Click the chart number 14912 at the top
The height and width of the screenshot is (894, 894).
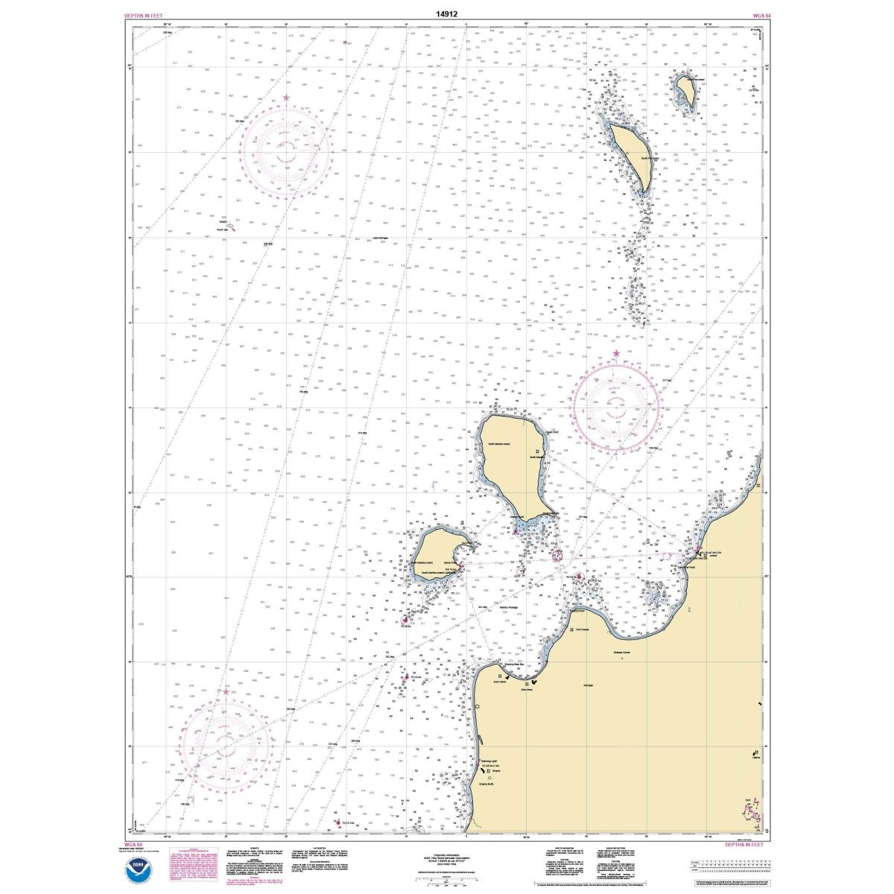coord(446,12)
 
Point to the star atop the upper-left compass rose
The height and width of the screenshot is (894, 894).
coord(286,98)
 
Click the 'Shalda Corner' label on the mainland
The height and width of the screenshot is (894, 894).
coord(622,653)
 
